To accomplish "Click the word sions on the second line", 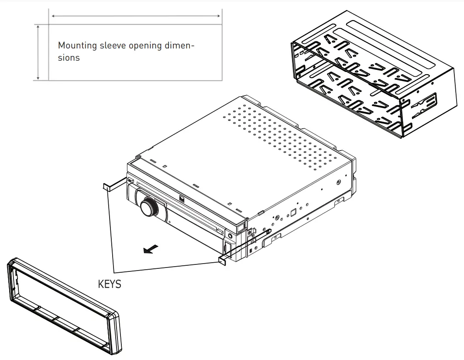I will pyautogui.click(x=69, y=58).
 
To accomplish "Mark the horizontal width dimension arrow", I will pyautogui.click(x=136, y=16).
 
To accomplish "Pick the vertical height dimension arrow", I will pyautogui.click(x=39, y=52).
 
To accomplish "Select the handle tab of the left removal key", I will pyautogui.click(x=107, y=187).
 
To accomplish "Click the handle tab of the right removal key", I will pyautogui.click(x=221, y=260).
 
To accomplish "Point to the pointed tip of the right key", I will pyautogui.click(x=270, y=229).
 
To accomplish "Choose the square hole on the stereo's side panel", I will pyautogui.click(x=293, y=213).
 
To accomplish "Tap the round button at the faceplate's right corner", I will pyautogui.click(x=230, y=237).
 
